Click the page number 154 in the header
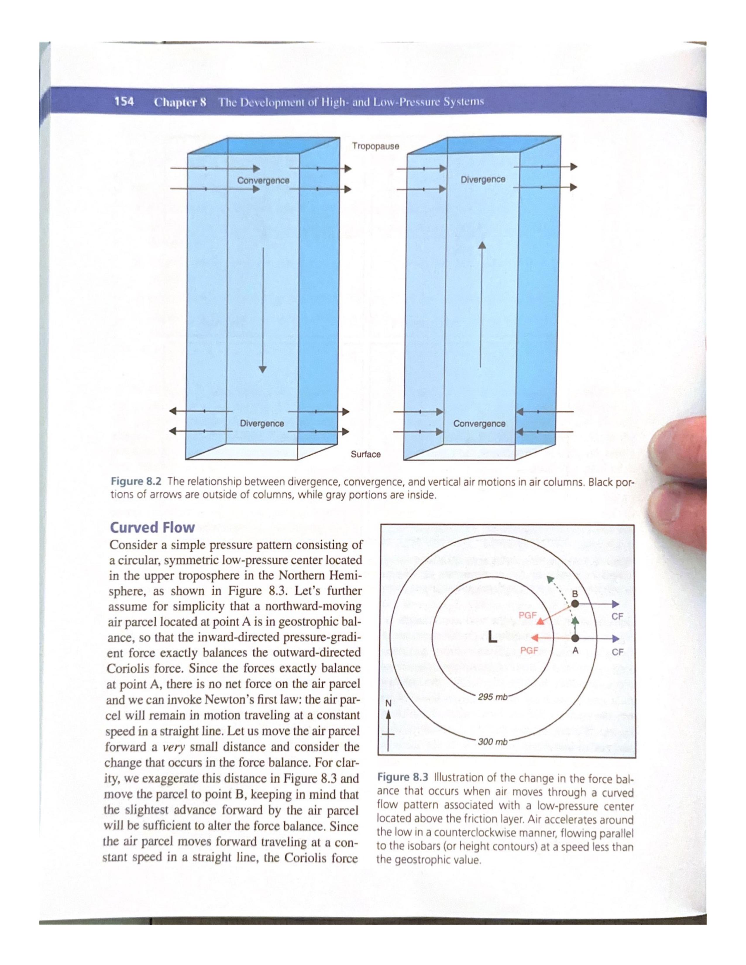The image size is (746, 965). [124, 102]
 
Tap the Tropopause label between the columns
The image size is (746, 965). [375, 146]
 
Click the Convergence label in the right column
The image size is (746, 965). [479, 423]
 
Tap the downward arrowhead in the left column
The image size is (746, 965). [263, 369]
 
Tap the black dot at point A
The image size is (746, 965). [575, 638]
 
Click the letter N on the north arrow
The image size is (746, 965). [389, 703]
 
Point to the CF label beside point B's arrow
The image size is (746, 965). [617, 616]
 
